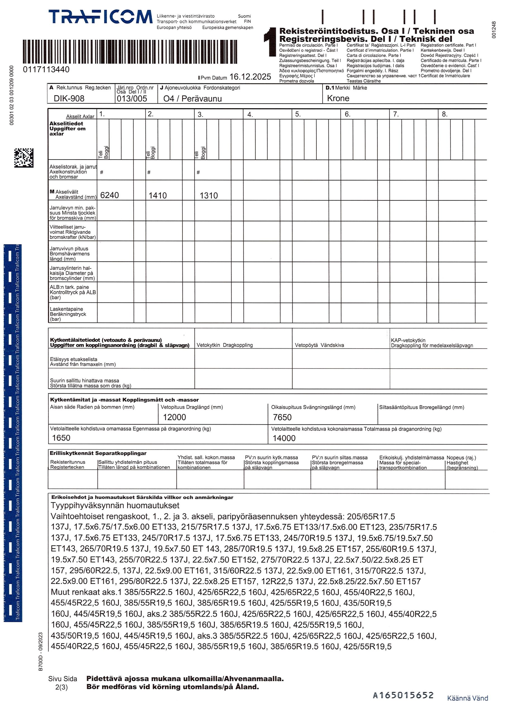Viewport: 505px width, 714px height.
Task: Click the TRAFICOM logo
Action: (100, 17)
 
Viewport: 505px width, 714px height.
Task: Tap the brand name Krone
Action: (338, 98)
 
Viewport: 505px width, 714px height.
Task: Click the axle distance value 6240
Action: (110, 195)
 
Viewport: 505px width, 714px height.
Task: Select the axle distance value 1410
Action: (157, 196)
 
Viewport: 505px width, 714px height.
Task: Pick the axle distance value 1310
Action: (208, 196)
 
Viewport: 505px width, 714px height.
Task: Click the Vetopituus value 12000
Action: (174, 417)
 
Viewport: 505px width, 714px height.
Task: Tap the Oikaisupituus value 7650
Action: (282, 417)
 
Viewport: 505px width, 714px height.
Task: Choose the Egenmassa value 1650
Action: (61, 438)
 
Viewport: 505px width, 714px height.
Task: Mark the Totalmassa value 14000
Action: (284, 438)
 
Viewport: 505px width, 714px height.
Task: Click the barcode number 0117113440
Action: (46, 70)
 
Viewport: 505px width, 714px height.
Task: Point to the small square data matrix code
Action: (24, 158)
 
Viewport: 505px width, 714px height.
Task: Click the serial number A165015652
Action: (403, 695)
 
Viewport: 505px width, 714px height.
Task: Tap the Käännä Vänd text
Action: (467, 698)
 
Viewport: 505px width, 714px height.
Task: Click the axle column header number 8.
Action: (445, 114)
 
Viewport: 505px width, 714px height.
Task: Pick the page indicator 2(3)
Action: (61, 687)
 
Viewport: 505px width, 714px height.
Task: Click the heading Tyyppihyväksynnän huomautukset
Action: (115, 505)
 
